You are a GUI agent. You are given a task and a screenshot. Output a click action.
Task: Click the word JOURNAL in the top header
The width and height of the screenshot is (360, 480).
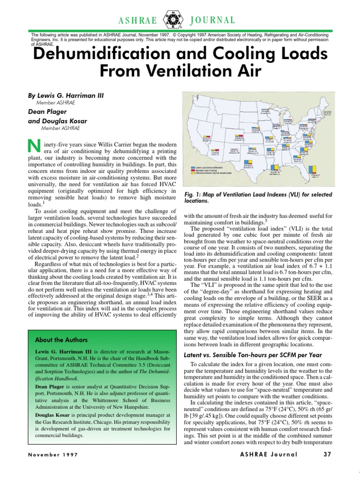(212, 20)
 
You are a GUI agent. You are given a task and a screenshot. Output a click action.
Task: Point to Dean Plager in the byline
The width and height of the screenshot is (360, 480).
(48, 111)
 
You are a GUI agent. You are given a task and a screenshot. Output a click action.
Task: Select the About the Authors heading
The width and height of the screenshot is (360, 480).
(61, 339)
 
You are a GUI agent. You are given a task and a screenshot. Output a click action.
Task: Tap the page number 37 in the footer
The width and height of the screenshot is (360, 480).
(327, 454)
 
